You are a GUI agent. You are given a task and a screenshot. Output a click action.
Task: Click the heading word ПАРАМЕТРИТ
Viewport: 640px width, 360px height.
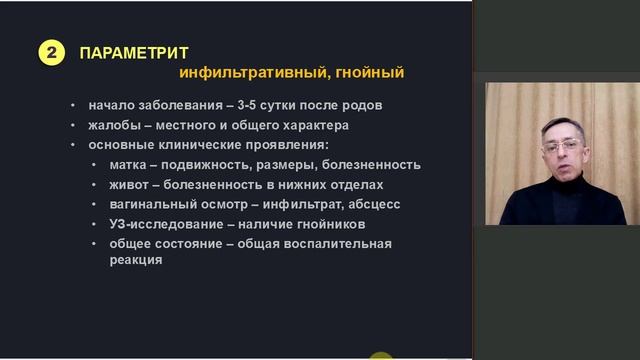tap(134, 53)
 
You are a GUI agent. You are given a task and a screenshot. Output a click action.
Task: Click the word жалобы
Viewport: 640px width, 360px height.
tap(113, 125)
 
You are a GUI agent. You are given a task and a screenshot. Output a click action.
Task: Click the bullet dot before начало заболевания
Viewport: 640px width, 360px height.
tap(73, 105)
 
